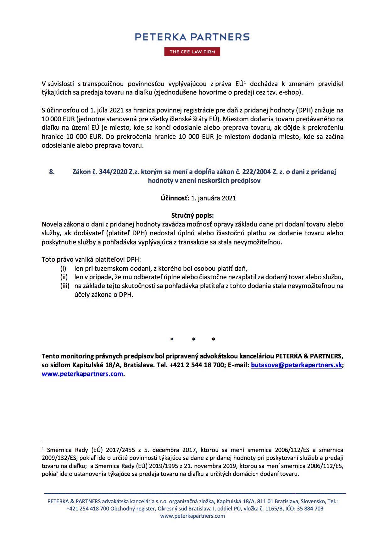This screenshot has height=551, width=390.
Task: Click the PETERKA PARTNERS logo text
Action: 192,37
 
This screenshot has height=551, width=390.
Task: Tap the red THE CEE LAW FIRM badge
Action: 192,52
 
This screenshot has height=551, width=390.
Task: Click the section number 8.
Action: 52,172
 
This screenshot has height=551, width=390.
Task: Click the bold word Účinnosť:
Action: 175,198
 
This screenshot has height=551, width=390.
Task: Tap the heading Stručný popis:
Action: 192,215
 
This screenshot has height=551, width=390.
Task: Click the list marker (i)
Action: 63,269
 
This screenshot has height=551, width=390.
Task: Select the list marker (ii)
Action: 64,277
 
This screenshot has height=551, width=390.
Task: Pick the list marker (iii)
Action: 65,286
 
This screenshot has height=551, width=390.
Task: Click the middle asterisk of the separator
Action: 193,339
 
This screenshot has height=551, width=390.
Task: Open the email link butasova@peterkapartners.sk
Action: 296,365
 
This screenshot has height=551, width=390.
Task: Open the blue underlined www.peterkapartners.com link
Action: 82,374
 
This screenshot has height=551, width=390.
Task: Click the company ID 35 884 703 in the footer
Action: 310,509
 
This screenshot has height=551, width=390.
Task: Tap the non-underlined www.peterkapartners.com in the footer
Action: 192,516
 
